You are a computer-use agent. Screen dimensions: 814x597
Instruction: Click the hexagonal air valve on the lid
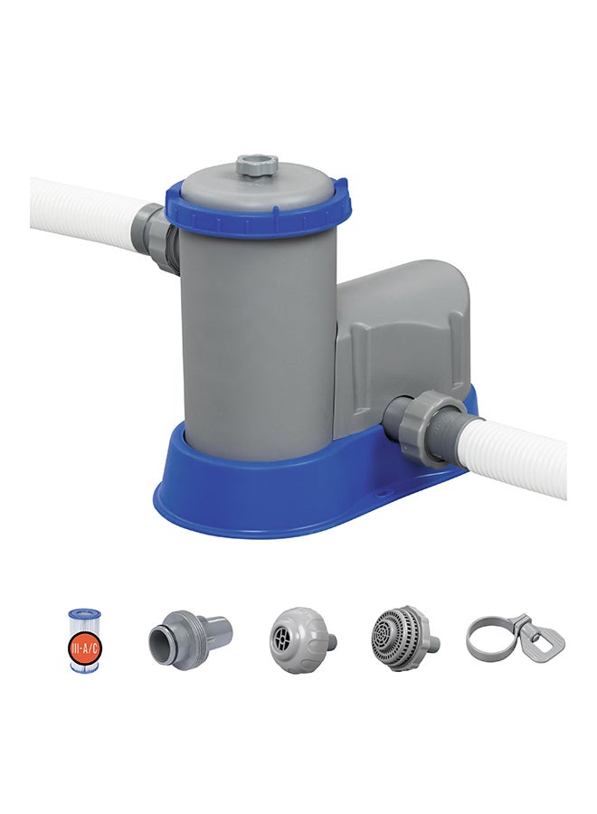tap(257, 166)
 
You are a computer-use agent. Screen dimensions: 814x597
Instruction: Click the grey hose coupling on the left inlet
tap(156, 236)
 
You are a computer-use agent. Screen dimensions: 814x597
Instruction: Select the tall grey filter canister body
tap(257, 335)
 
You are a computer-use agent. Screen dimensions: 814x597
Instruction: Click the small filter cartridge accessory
tap(84, 639)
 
